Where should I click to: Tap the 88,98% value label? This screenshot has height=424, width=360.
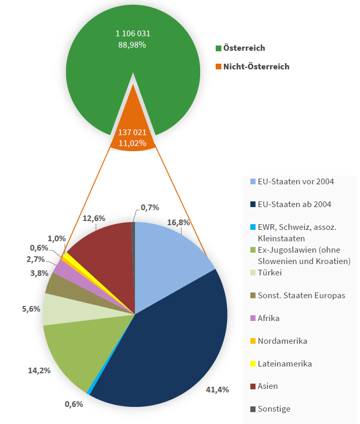click(x=132, y=45)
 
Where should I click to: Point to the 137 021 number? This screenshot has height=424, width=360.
click(x=132, y=132)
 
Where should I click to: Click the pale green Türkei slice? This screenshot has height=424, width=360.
click(x=57, y=309)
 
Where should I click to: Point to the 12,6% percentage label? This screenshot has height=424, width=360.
click(x=94, y=218)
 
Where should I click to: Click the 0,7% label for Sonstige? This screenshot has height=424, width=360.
click(x=149, y=208)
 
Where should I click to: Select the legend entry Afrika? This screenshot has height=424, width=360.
click(x=268, y=318)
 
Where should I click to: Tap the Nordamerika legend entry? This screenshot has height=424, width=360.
click(x=282, y=341)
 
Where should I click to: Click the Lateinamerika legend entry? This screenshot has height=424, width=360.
click(x=284, y=363)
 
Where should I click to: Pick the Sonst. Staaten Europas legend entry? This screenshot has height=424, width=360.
click(x=301, y=295)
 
